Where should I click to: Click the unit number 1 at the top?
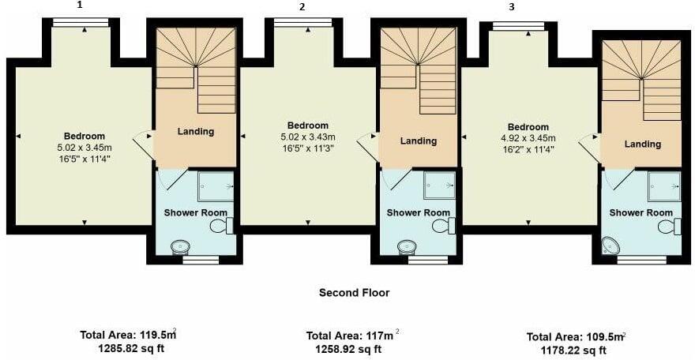click(x=80, y=5)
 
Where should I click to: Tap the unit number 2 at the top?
click(x=302, y=7)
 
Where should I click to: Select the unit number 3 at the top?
click(x=512, y=7)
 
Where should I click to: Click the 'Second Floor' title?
click(x=354, y=293)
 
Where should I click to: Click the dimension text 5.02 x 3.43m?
click(x=307, y=137)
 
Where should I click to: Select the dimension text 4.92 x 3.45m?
click(x=528, y=138)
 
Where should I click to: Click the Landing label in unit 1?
click(x=195, y=131)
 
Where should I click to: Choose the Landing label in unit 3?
click(x=642, y=144)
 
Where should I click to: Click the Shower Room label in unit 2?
click(x=418, y=212)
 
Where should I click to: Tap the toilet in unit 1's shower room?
click(x=221, y=227)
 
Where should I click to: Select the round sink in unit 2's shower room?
click(x=408, y=245)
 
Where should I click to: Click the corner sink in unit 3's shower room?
click(x=610, y=246)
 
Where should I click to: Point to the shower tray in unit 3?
click(x=663, y=186)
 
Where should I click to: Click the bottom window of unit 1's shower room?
click(x=200, y=258)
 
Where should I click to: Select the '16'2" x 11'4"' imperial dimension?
click(x=528, y=149)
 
